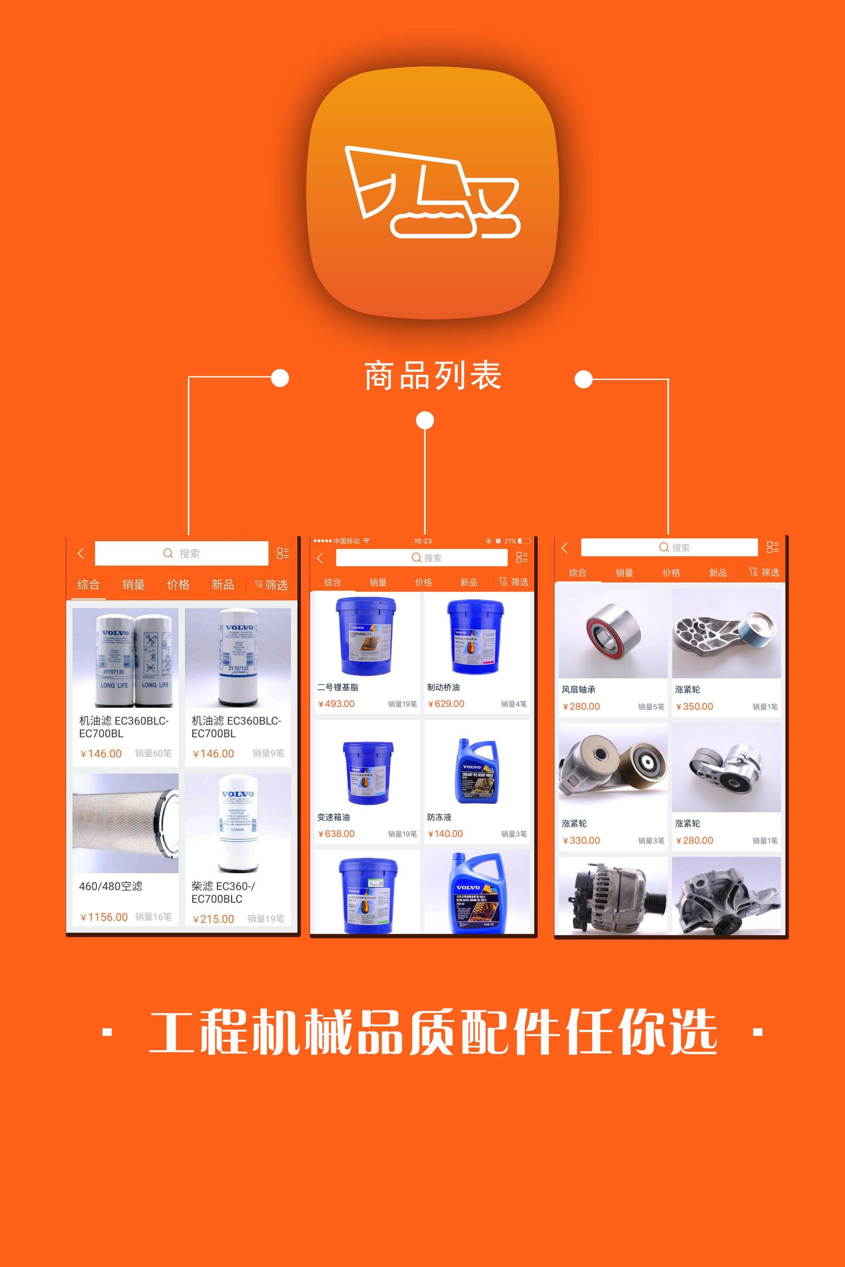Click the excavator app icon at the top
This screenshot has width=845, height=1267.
click(432, 192)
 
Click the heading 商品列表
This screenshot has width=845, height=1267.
click(433, 376)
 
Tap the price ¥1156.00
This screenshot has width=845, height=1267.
click(104, 917)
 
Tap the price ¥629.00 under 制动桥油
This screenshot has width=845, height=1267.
click(446, 704)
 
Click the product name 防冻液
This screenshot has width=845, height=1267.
click(439, 817)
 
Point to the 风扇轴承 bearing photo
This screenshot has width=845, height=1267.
click(613, 633)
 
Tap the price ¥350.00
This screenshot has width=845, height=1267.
click(695, 706)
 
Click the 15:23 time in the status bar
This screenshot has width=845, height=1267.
click(422, 541)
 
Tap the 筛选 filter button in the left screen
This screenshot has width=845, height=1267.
click(272, 584)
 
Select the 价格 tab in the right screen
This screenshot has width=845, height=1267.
click(671, 573)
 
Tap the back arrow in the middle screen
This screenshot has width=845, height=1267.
click(320, 558)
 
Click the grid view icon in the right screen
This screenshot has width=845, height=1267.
click(772, 547)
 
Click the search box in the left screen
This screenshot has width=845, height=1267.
click(182, 553)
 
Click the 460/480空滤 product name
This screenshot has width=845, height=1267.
click(111, 886)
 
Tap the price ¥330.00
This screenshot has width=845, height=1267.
click(581, 841)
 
